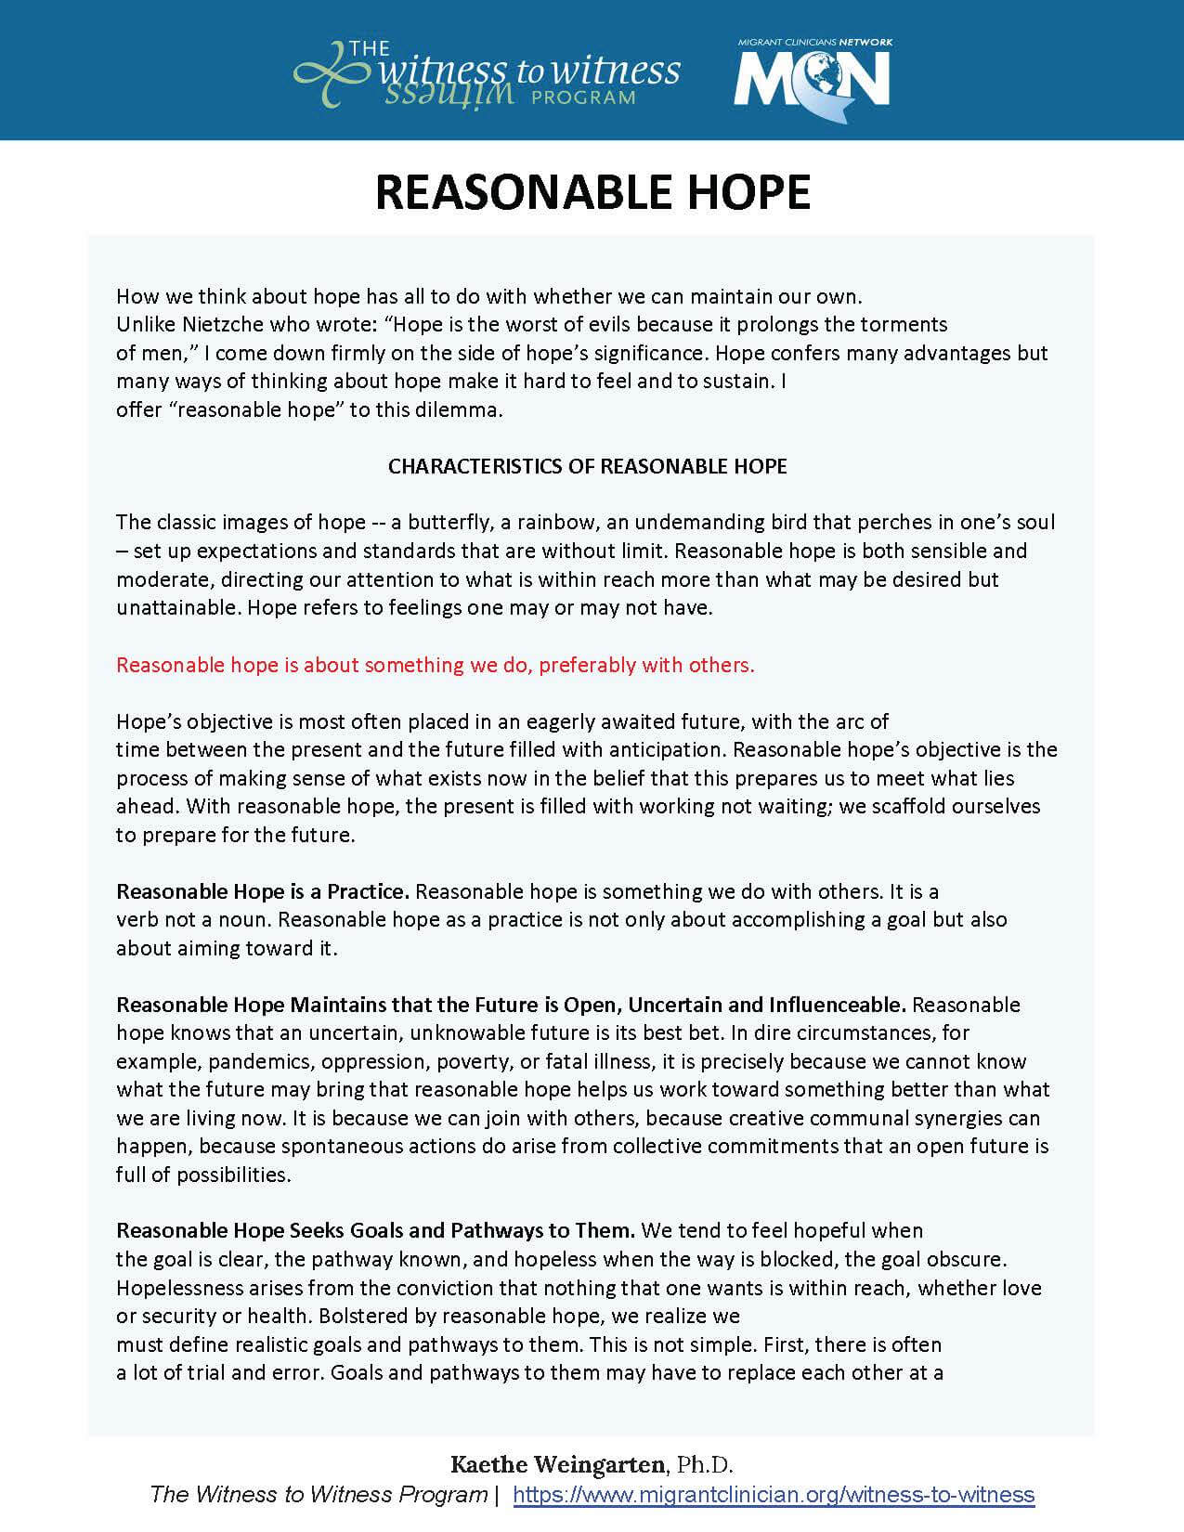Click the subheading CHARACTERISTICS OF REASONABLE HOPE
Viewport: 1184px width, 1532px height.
coord(587,466)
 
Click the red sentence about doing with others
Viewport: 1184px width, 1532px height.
coord(436,665)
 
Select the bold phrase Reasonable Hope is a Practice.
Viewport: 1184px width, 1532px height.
coord(263,891)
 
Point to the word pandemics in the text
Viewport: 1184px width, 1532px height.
coord(250,1061)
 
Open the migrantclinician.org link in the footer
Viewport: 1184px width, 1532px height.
coord(774,1495)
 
